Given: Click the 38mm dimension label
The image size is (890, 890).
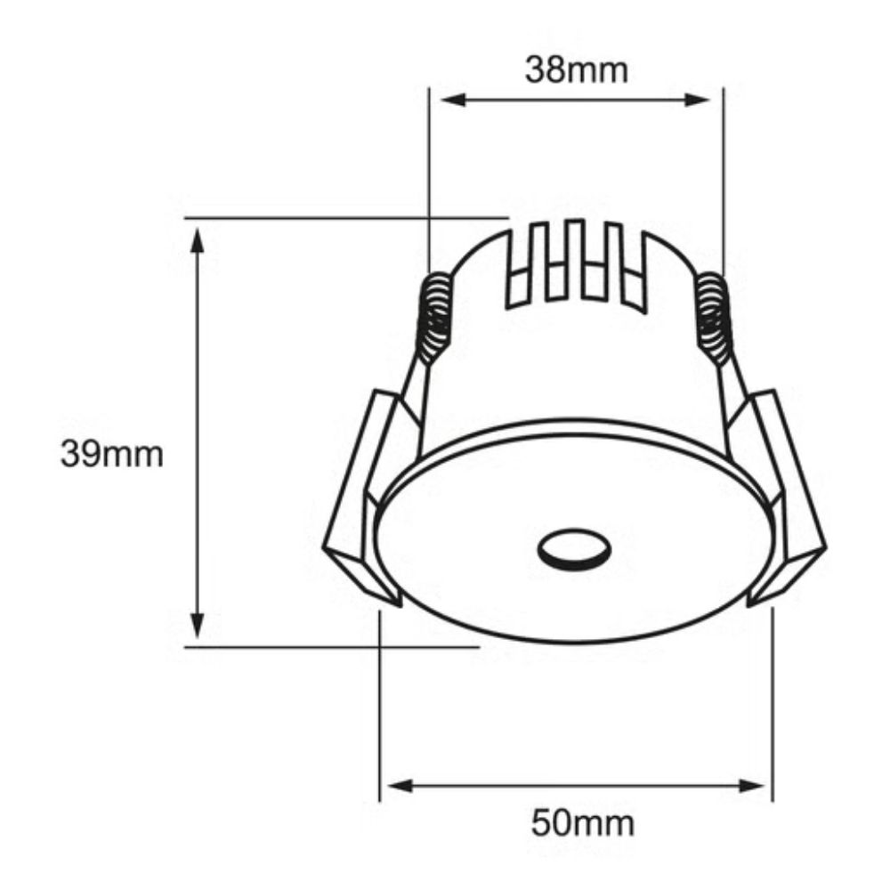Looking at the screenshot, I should [576, 69].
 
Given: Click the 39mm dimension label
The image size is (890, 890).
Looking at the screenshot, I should [112, 455].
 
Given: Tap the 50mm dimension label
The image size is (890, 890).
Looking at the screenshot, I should [583, 823].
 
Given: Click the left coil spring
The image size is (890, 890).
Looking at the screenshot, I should [435, 315].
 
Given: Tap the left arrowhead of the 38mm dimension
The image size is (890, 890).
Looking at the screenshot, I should [440, 100].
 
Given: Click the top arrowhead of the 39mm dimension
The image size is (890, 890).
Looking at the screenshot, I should [198, 236].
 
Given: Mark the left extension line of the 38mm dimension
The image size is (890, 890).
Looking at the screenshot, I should [429, 178].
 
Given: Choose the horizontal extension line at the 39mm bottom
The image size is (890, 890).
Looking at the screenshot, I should [329, 647].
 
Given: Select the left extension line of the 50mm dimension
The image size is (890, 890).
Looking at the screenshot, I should [380, 712].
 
